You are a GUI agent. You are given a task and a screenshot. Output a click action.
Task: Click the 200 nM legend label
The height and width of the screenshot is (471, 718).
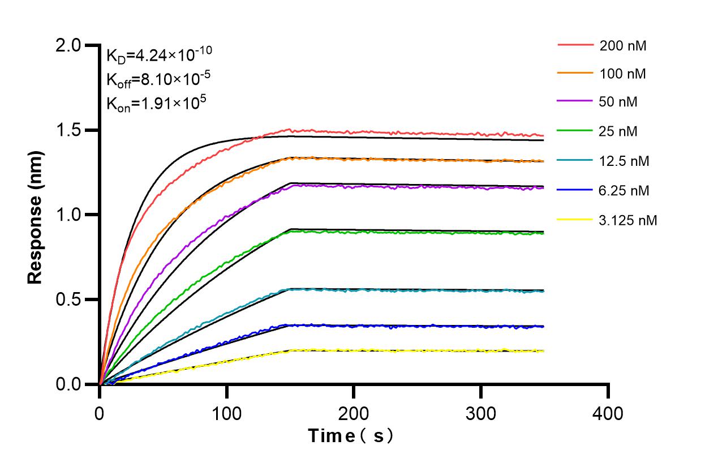tap(623, 46)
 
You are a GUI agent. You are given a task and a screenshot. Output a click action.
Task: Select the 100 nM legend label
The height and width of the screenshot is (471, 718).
tap(623, 74)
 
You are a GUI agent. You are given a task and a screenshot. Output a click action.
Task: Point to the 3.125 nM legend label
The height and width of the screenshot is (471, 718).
tap(629, 220)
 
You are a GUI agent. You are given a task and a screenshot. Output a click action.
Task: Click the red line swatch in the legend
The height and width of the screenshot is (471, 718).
tap(575, 45)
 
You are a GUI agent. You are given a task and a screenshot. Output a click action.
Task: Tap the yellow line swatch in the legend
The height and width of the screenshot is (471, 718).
tap(575, 220)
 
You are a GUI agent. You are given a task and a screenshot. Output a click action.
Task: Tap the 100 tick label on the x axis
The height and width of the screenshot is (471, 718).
tap(226, 413)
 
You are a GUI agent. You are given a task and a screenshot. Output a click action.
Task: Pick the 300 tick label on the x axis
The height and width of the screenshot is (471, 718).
tap(480, 413)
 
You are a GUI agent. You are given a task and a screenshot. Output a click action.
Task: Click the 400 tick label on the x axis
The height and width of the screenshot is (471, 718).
tap(608, 413)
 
